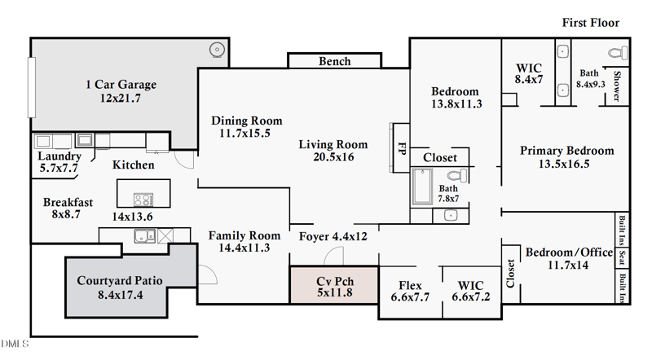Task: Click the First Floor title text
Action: (590, 23)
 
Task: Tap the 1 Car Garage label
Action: (121, 85)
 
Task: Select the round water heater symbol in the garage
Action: (217, 50)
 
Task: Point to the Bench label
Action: (334, 61)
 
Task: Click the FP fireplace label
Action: (401, 149)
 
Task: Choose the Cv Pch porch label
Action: (334, 281)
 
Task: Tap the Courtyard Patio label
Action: (120, 281)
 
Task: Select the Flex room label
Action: (410, 286)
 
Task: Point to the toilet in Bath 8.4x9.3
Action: (617, 52)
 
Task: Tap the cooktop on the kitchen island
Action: (143, 200)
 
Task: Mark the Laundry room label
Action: (59, 156)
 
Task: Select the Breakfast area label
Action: (68, 203)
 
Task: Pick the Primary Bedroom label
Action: (566, 151)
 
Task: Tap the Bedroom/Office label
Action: (568, 253)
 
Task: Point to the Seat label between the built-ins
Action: (622, 257)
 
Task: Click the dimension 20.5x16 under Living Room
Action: (333, 157)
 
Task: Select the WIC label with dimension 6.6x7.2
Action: (470, 286)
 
